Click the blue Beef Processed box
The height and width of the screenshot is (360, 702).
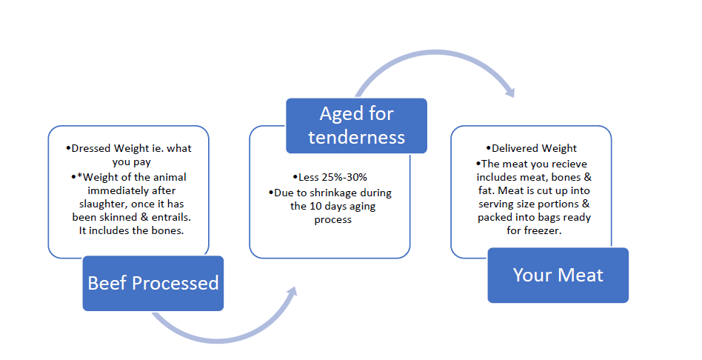point(153,283)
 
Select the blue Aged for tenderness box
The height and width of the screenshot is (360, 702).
point(356,125)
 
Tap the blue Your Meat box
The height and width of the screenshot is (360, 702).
point(558,275)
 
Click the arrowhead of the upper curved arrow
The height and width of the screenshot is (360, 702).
point(509,93)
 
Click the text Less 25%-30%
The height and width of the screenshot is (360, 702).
point(330,177)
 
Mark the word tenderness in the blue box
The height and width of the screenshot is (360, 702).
point(356,137)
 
